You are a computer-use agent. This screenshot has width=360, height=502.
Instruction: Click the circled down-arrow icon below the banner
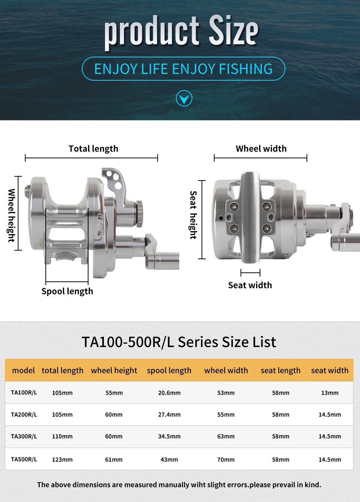(x=184, y=98)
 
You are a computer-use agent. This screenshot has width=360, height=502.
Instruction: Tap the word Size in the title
(x=234, y=30)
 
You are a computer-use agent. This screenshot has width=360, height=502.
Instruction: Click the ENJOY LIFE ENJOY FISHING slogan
(x=183, y=69)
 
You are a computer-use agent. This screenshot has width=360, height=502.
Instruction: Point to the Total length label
(x=93, y=149)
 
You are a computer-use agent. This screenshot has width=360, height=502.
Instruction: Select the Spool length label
(x=67, y=291)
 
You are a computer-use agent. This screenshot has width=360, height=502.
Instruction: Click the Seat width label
(x=250, y=285)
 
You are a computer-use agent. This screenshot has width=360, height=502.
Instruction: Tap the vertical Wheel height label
(x=11, y=215)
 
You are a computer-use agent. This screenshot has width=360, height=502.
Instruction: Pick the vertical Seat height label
(x=193, y=215)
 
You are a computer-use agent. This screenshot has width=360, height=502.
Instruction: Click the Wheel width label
(x=261, y=149)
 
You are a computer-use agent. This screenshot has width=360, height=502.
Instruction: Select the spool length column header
(x=169, y=370)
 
